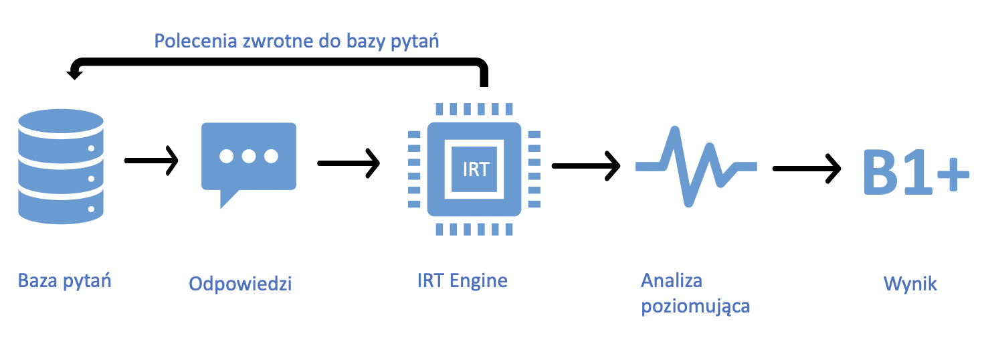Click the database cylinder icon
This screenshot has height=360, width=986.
(61, 167)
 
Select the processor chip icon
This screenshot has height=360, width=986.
(475, 169)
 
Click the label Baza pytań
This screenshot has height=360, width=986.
(64, 280)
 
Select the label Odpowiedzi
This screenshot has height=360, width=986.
(240, 284)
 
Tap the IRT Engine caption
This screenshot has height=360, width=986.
(462, 280)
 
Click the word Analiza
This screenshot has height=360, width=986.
(672, 280)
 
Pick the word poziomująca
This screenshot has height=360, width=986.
(695, 306)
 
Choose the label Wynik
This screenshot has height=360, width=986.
(910, 284)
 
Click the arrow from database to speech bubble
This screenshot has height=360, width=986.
(152, 161)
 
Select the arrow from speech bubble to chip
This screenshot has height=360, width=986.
(348, 163)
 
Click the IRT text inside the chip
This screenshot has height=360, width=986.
(476, 169)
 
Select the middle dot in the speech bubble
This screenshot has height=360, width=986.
(249, 156)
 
